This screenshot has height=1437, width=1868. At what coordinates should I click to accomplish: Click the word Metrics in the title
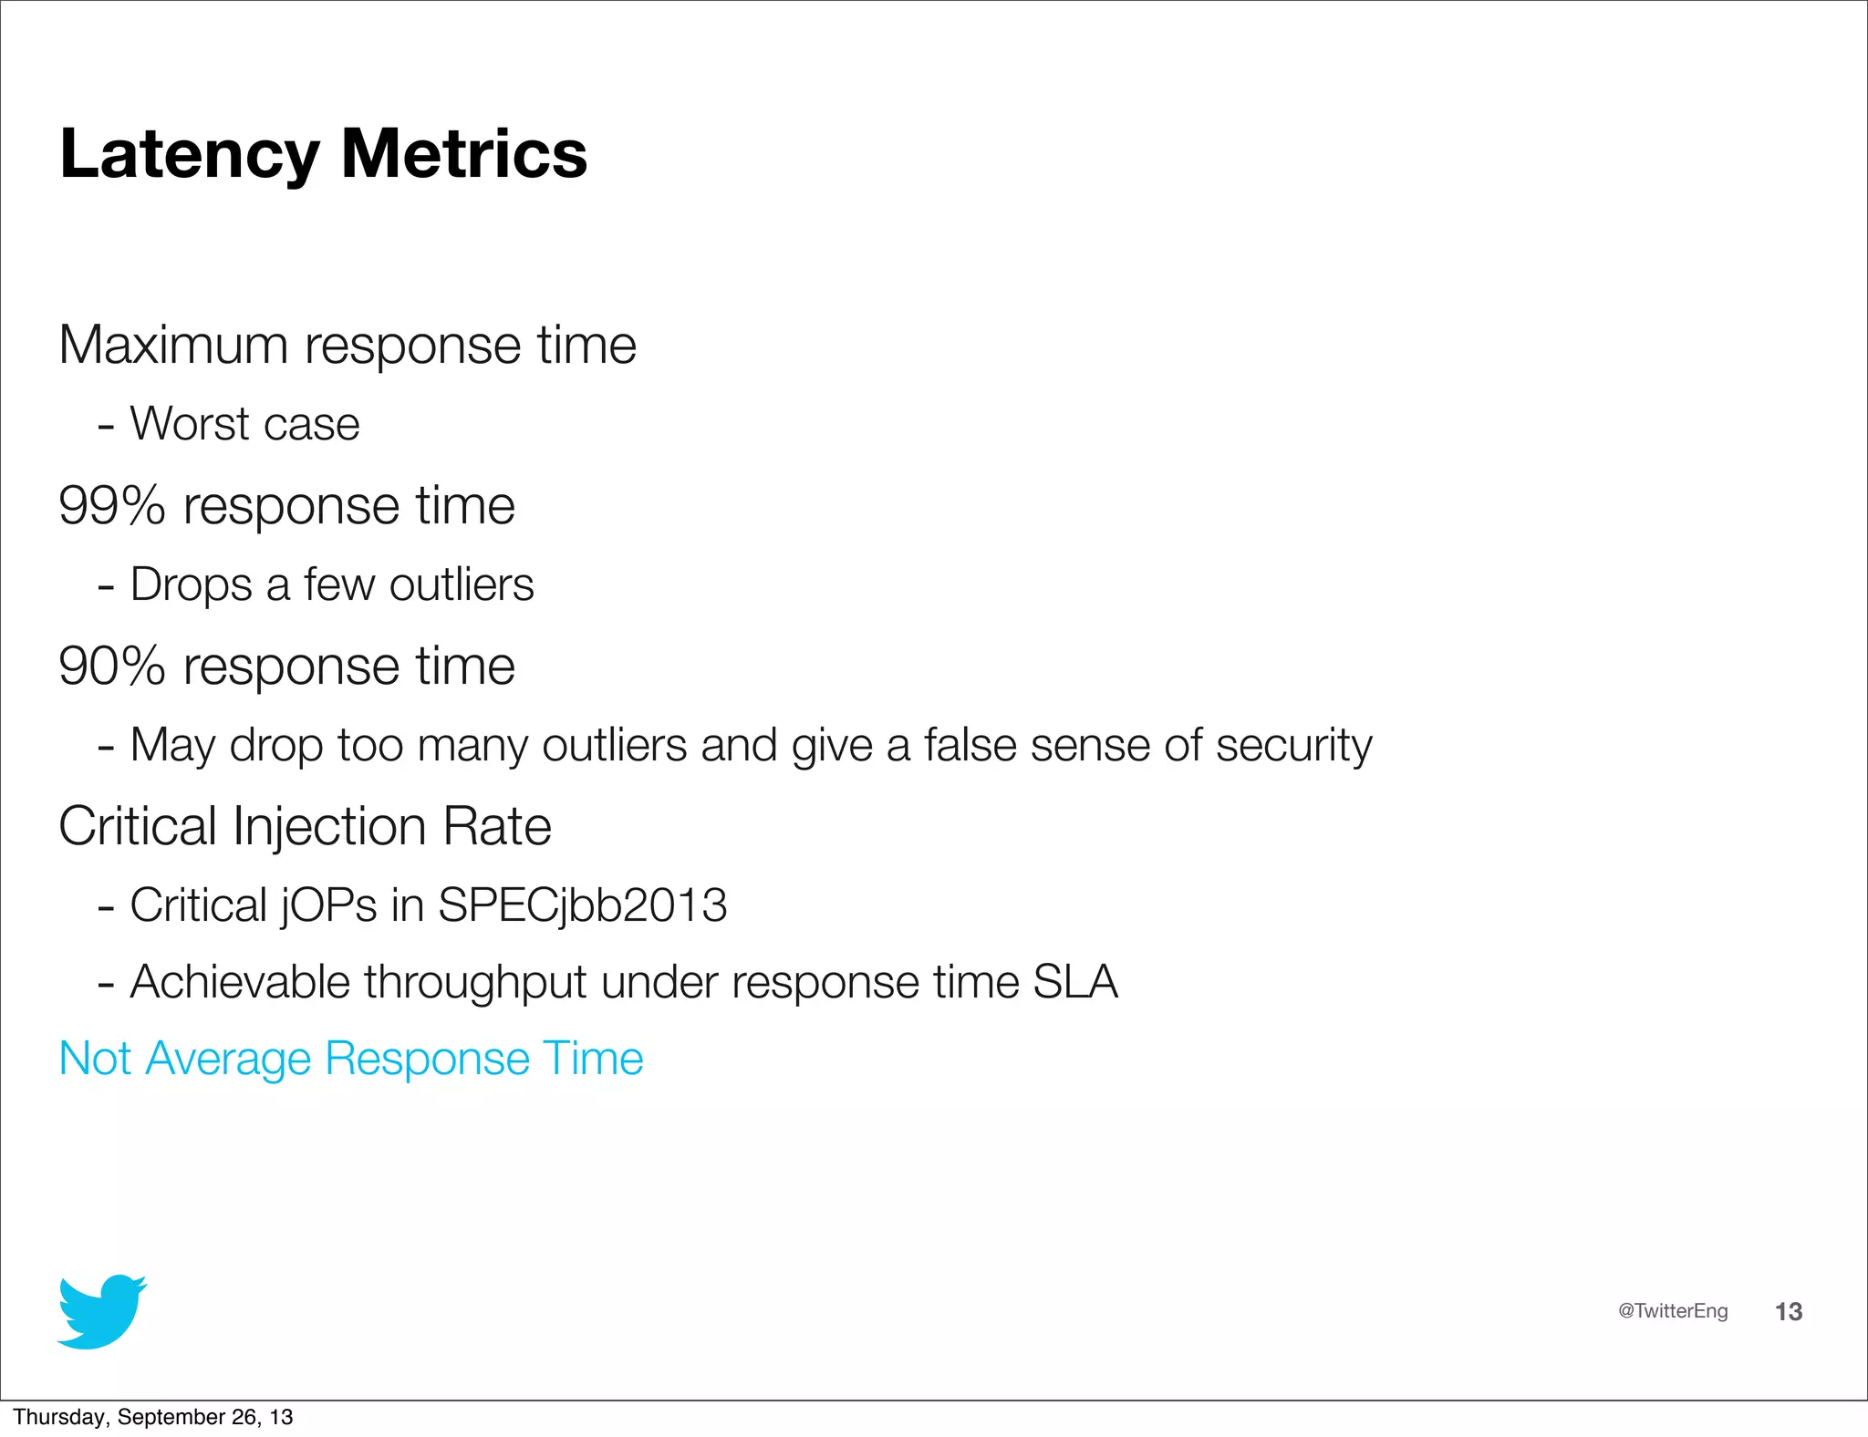coord(464,154)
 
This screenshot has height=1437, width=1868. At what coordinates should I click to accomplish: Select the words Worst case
coord(244,424)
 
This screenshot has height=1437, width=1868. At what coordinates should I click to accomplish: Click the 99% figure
coord(111,506)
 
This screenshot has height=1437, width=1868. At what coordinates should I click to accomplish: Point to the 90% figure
coord(111,667)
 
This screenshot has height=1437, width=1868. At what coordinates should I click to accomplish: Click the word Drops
coord(191,585)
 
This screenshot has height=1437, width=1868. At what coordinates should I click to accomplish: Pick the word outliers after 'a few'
coord(462,585)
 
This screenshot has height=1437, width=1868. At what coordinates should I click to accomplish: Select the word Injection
coord(329,827)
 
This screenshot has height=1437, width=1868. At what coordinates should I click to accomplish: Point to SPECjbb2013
coord(582,906)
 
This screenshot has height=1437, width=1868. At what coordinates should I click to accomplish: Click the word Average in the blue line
coord(228,1060)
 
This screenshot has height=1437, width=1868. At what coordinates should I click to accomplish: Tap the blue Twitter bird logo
coord(101,1311)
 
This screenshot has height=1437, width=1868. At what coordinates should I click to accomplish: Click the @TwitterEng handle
coord(1673,1311)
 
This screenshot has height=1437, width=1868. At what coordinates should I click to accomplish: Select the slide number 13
coord(1789,1312)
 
